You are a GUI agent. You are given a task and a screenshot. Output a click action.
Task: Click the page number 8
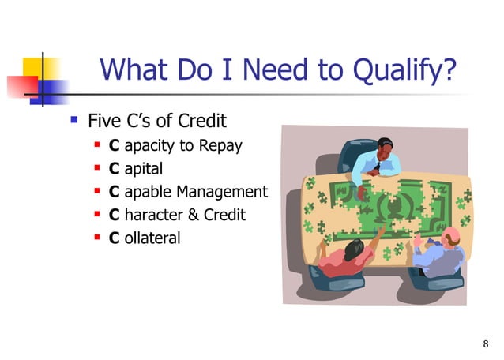[485, 343]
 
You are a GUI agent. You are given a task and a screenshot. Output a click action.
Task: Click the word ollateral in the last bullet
[152, 236]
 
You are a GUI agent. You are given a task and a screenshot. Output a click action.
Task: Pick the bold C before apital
[114, 168]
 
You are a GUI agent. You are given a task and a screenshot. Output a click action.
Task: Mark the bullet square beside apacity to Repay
[96, 146]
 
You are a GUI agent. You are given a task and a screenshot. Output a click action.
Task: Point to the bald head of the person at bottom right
[450, 236]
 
